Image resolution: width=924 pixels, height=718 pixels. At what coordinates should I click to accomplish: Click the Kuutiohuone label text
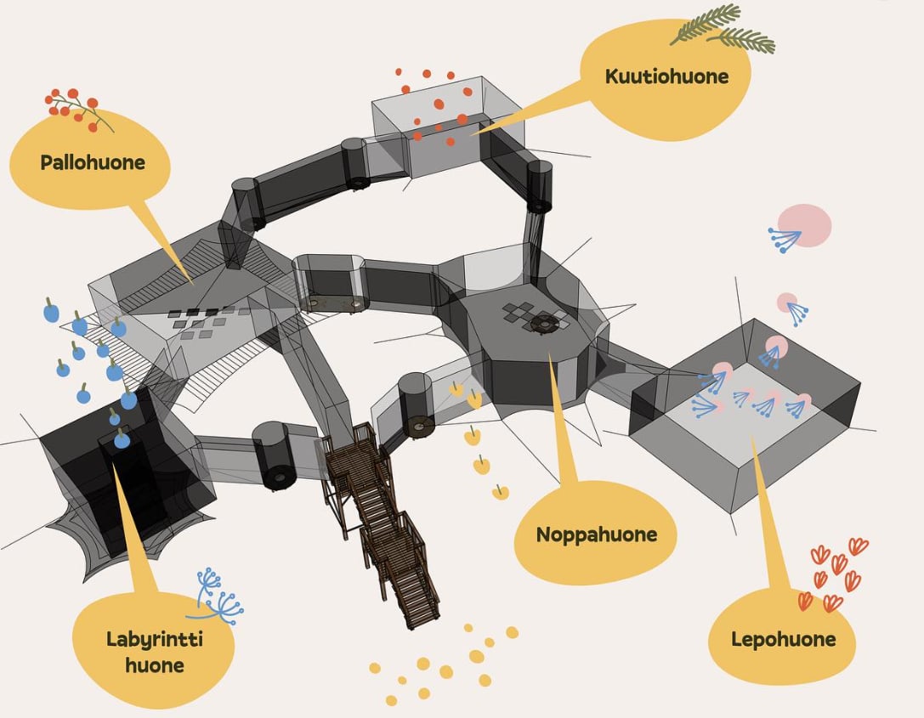pos(666,76)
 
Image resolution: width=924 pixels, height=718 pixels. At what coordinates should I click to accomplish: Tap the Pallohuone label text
pos(93,162)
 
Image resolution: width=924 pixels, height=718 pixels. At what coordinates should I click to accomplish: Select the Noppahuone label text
pos(596,534)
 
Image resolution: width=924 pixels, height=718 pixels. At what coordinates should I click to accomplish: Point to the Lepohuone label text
pos(783,639)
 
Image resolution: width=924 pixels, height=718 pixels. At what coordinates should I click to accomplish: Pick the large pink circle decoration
pos(804,225)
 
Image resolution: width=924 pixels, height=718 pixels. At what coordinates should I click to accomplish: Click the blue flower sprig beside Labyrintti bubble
pos(216,596)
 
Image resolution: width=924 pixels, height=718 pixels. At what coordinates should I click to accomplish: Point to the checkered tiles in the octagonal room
pos(520,312)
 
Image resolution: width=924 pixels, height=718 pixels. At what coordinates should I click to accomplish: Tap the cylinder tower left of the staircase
pos(275,455)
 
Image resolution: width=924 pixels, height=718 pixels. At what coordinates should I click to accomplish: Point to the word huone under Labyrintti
pos(154,664)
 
